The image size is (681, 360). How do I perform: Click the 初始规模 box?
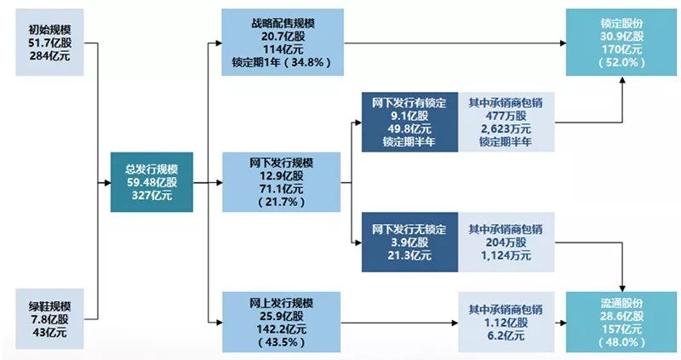[49, 43]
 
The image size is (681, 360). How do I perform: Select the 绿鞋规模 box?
[49, 319]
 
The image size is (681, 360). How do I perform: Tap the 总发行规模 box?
[152, 182]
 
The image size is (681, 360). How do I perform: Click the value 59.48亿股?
[152, 182]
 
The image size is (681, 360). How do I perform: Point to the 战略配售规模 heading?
[283, 23]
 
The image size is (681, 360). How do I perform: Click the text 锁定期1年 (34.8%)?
[282, 62]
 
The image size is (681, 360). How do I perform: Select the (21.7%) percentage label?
[282, 202]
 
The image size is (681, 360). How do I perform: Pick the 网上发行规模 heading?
[282, 303]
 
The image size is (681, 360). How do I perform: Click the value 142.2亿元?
[282, 329]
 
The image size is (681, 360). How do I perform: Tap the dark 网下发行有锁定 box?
[409, 122]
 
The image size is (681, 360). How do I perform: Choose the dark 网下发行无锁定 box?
[409, 242]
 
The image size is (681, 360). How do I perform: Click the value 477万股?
[506, 116]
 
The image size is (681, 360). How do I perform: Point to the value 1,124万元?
[506, 255]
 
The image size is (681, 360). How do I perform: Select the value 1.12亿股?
[506, 323]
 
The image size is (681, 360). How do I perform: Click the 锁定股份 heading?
[622, 24]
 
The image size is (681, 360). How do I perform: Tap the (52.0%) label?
[622, 62]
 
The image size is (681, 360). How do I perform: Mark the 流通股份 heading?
[622, 303]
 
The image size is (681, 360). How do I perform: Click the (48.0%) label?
[622, 342]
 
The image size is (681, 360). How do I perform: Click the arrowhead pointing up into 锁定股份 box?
[622, 80]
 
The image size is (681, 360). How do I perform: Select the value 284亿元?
[49, 56]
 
